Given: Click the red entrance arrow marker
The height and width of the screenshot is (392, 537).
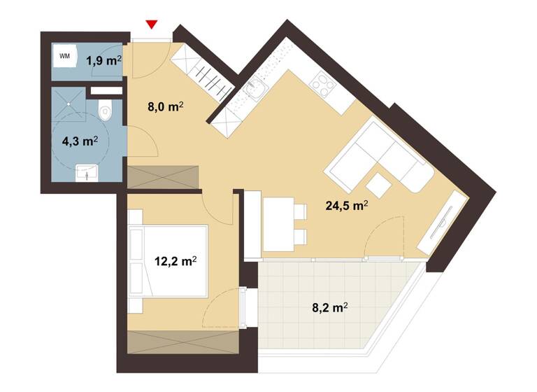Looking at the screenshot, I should (152, 26).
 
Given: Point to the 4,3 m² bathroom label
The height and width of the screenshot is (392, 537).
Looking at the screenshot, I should (79, 141).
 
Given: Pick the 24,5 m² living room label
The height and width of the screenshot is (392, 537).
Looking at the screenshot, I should (347, 206).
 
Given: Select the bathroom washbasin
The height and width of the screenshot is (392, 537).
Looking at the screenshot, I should (87, 172).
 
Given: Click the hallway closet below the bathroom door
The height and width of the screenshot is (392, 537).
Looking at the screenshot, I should (163, 176).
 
